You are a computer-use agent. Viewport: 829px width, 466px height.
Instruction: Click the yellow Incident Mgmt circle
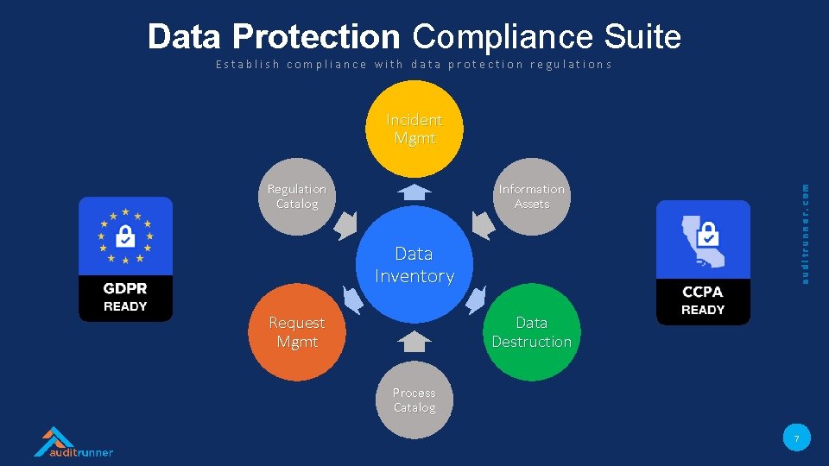tap(414, 129)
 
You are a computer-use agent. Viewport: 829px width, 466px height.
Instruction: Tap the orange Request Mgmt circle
tap(297, 332)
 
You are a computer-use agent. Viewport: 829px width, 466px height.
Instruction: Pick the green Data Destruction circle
tap(531, 332)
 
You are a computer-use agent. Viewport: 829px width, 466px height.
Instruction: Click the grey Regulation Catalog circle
tap(297, 197)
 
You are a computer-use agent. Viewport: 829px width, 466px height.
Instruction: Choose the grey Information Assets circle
tap(531, 197)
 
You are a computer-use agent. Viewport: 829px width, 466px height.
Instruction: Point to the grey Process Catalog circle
tap(414, 400)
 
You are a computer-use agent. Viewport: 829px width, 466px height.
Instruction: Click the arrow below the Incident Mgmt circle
tap(416, 192)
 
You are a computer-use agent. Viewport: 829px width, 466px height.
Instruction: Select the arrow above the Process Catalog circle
tap(415, 342)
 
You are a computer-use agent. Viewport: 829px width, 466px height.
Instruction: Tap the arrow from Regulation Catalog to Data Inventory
tap(346, 226)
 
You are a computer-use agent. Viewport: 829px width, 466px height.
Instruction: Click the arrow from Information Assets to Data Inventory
tap(484, 226)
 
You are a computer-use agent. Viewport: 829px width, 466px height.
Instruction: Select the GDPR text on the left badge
tap(125, 289)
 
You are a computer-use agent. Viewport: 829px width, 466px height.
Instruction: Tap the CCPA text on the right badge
tap(703, 293)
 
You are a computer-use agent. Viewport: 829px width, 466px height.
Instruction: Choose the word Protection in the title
tap(316, 37)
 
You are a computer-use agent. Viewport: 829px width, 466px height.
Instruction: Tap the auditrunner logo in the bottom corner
tap(73, 442)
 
